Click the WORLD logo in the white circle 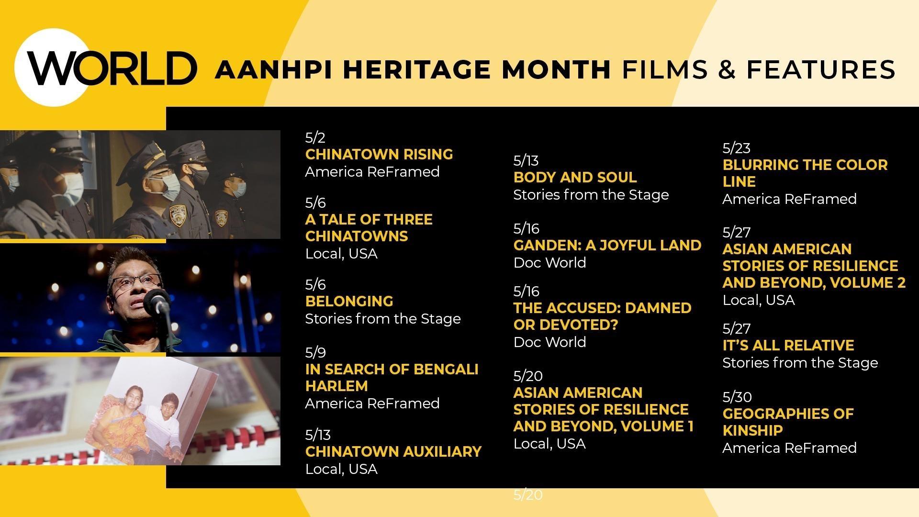pos(112,68)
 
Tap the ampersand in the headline pos(727,69)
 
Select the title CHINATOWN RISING pos(379,154)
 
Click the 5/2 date pos(315,138)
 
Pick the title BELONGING pos(349,301)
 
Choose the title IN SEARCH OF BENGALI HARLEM pos(392,377)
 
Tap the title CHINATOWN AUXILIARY pos(393,451)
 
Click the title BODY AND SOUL pos(575,177)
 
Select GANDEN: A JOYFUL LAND pos(607,245)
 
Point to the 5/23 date pos(736,148)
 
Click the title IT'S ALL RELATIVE pos(788,345)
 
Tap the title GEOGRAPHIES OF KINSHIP pos(788,422)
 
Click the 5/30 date pos(737,397)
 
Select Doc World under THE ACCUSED pos(549,342)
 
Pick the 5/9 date pos(315,353)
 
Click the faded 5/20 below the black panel pos(528,495)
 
